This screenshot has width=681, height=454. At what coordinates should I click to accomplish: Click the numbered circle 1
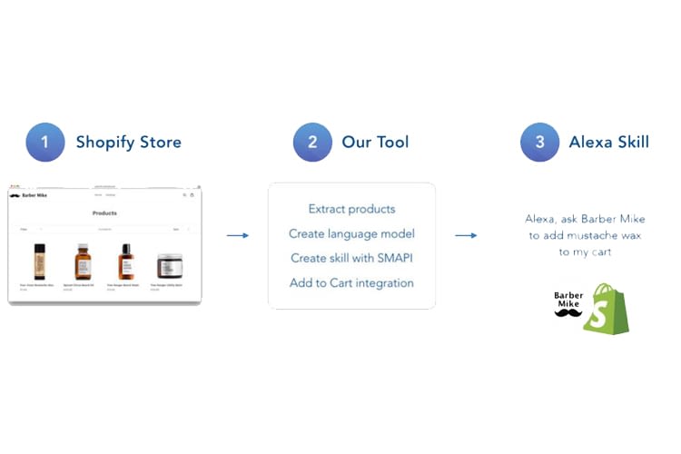tap(44, 143)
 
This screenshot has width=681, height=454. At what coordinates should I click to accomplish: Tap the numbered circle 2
tap(311, 143)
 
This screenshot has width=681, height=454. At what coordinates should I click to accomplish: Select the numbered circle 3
tap(539, 143)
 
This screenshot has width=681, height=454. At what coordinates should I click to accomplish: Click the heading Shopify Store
tap(128, 143)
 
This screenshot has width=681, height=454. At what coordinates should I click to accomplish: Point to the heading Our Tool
tap(375, 143)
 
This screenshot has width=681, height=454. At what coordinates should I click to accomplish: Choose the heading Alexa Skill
tap(608, 143)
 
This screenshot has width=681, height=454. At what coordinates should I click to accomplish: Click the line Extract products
tap(351, 209)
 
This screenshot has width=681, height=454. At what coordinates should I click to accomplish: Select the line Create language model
tap(351, 233)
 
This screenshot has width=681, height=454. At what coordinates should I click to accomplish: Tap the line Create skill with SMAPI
tap(351, 258)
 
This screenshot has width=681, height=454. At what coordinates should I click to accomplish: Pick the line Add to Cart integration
tap(351, 282)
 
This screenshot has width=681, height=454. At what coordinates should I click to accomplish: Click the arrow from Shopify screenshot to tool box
tap(237, 236)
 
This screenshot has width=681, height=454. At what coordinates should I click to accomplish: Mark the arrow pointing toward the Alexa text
tap(466, 236)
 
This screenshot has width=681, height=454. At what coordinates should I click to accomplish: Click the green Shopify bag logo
tap(606, 309)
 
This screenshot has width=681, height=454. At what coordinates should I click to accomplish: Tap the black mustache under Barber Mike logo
tap(568, 313)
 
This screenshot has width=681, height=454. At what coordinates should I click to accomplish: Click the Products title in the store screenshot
tap(104, 213)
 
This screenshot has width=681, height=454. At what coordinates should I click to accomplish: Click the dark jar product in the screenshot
tap(169, 265)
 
